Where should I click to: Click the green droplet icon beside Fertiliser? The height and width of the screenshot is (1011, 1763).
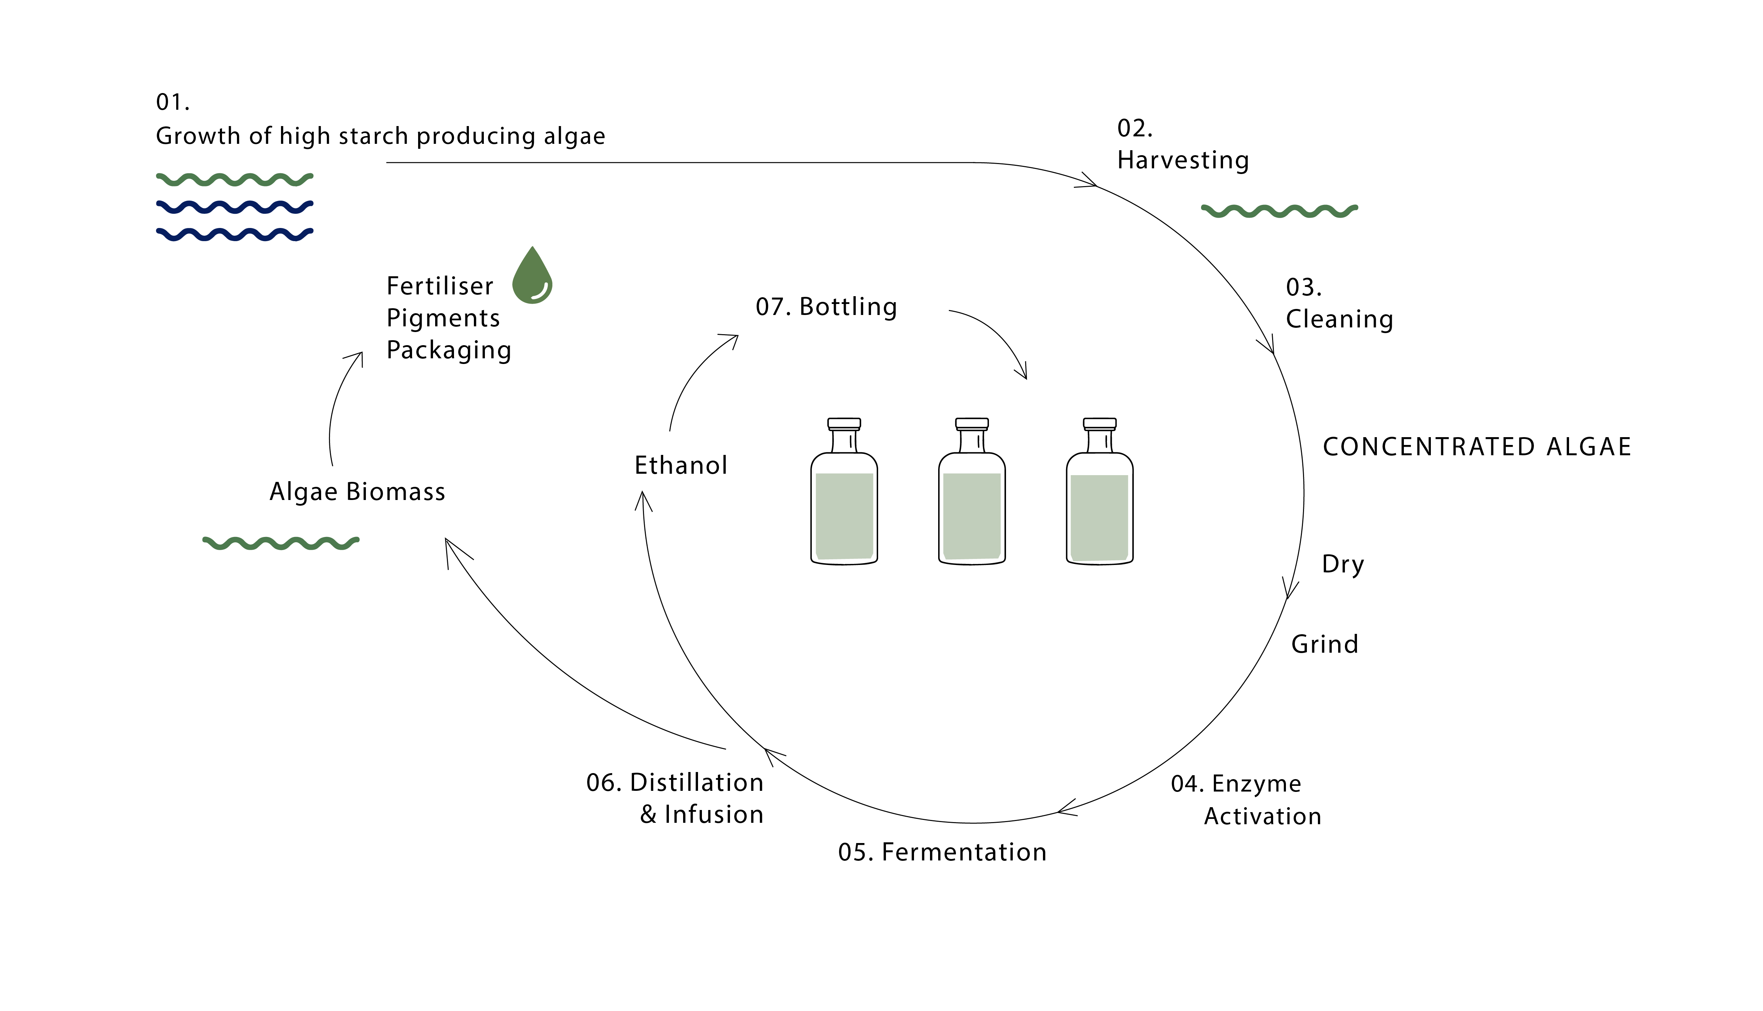click(532, 278)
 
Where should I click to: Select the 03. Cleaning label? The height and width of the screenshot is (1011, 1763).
click(1339, 304)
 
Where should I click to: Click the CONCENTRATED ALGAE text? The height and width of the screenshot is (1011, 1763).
click(1476, 446)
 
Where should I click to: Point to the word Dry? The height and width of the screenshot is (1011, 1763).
click(1342, 564)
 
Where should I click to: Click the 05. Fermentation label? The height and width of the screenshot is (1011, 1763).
click(942, 852)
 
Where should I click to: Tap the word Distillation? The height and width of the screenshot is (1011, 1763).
click(697, 783)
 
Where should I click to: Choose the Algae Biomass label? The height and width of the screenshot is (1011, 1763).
click(357, 491)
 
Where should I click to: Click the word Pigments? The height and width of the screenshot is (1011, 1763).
click(443, 318)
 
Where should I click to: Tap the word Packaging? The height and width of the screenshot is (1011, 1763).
click(449, 350)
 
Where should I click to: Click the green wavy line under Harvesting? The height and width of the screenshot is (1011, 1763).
click(1279, 211)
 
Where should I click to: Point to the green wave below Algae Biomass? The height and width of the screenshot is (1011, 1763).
click(281, 543)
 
